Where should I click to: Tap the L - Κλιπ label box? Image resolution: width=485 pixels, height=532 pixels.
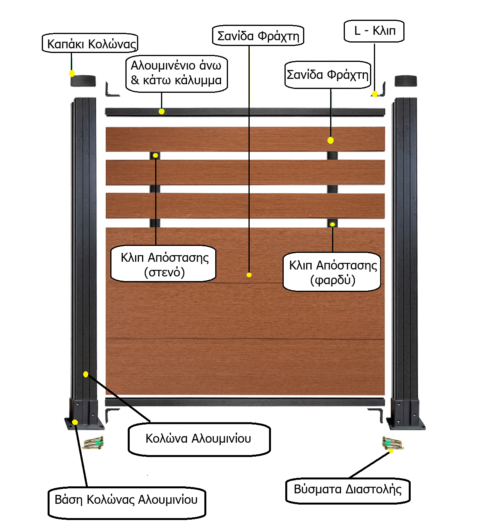click(374, 31)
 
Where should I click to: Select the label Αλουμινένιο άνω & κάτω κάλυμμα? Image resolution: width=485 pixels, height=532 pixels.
click(177, 73)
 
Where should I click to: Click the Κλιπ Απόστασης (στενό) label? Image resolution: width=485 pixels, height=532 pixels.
click(164, 264)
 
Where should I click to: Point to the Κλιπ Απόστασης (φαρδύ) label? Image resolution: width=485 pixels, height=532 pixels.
click(332, 272)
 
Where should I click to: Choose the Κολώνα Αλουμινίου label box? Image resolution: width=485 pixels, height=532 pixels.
click(199, 439)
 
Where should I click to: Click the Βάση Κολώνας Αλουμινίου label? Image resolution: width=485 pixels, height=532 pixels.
click(127, 502)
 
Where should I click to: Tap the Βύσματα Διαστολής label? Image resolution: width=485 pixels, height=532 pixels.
click(348, 490)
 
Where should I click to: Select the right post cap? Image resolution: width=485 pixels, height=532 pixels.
click(406, 81)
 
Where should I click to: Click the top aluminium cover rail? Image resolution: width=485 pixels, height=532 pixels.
click(245, 112)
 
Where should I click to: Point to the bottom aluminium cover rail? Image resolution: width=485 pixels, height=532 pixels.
click(245, 402)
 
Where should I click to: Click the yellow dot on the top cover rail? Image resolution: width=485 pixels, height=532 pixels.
click(162, 111)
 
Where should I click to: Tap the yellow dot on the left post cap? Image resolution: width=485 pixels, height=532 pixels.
click(72, 73)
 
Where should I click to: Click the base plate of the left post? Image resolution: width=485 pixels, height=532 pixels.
click(85, 424)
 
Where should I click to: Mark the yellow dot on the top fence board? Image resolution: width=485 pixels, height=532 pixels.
click(331, 140)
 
